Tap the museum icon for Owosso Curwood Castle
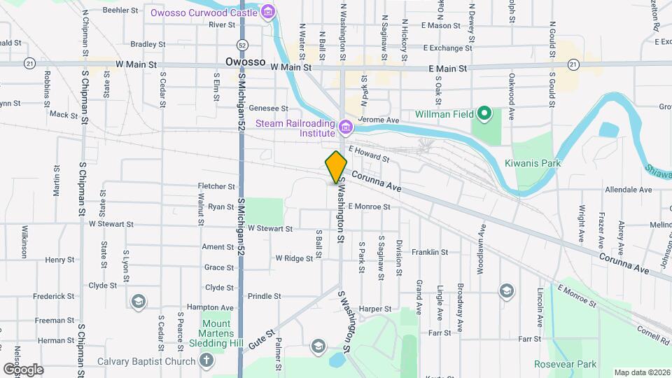tap(267, 12)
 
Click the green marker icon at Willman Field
tap(484, 113)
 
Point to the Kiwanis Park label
tap(533, 163)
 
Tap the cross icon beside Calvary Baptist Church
tap(206, 361)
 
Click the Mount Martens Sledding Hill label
tap(216, 334)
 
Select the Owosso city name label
tap(245, 62)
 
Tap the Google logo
tap(23, 369)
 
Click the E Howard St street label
tap(368, 153)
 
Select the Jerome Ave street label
tap(378, 120)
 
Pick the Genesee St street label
tap(269, 108)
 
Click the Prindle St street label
tap(264, 296)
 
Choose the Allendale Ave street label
tap(628, 190)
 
